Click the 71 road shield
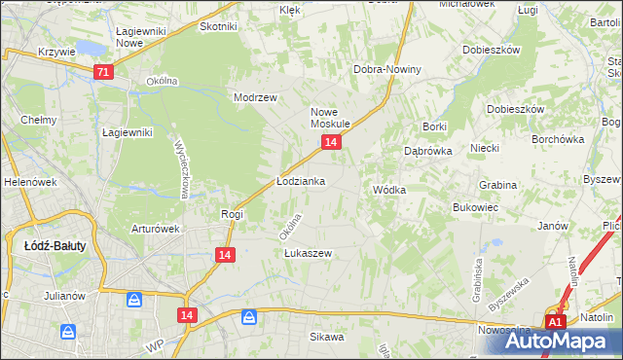tap(104, 72)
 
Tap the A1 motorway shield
tap(554, 322)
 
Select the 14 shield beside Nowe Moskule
tap(331, 143)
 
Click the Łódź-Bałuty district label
tap(55, 246)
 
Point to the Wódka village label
tap(388, 191)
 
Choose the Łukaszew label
tap(308, 253)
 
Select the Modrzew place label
tap(256, 97)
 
